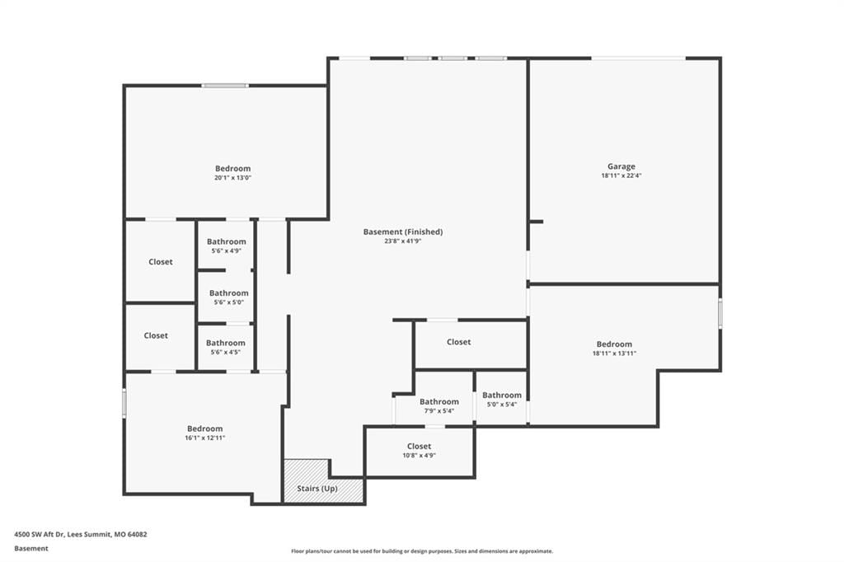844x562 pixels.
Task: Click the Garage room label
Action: pos(621,166)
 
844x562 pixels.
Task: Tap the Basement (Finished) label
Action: pos(402,232)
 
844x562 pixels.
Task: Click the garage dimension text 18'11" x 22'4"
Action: pos(621,176)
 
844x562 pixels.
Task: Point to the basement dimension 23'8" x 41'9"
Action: pos(402,241)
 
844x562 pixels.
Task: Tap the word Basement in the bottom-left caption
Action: pos(31,549)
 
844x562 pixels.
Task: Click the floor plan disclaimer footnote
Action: pos(422,551)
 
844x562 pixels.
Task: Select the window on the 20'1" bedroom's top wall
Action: pos(225,86)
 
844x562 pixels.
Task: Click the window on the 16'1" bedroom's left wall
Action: pos(124,403)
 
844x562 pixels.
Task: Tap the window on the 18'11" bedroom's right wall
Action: pos(720,314)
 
